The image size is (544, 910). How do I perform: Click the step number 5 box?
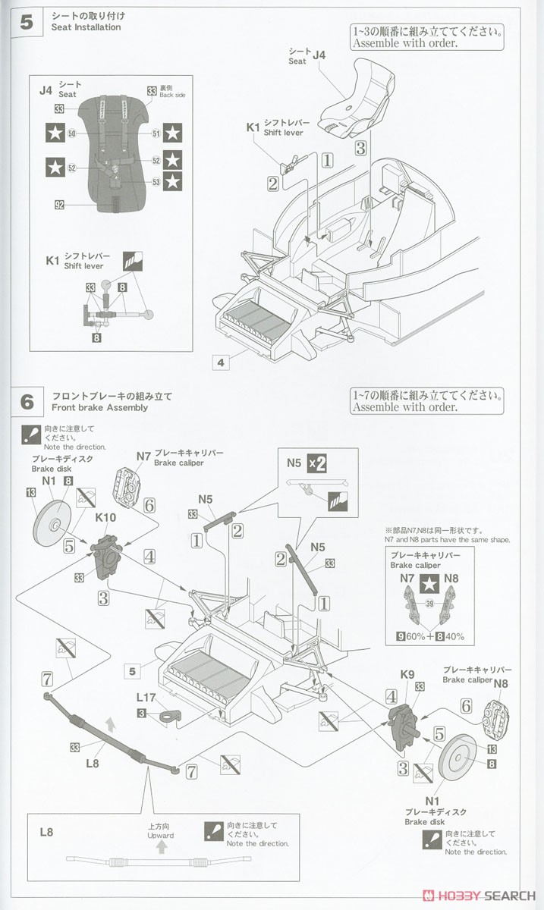(x=27, y=21)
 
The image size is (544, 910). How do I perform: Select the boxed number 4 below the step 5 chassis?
(x=221, y=362)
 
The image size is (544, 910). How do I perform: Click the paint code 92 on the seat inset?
(x=59, y=204)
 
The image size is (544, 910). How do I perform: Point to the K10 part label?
(x=105, y=517)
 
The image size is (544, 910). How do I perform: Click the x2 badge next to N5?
(x=316, y=463)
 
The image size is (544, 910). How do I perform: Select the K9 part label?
(x=407, y=673)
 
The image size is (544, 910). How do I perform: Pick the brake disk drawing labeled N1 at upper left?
(x=53, y=526)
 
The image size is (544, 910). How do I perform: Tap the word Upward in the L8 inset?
(x=161, y=836)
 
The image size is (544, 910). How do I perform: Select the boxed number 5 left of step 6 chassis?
(x=132, y=670)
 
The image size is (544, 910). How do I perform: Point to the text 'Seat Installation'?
(x=86, y=27)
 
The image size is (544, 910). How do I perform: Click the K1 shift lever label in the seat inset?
(x=52, y=260)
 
